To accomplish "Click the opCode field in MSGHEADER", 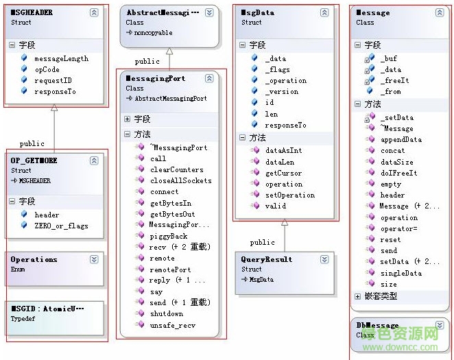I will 47,69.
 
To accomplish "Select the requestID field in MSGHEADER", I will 52,80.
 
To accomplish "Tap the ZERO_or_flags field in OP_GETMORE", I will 60,226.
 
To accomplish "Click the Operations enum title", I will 34,259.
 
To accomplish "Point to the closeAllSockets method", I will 180,180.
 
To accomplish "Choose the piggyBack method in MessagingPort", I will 168,236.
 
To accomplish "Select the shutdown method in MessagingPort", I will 166,313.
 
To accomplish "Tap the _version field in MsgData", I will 282,91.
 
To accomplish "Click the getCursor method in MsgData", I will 285,173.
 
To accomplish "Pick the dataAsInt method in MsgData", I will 283,150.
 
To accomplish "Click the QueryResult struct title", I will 266,259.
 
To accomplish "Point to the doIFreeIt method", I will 398,173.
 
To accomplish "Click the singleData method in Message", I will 401,273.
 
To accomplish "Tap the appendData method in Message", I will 401,139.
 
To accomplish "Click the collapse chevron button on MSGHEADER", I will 94,12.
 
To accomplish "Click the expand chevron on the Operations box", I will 94,259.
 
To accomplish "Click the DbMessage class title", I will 377,325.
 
